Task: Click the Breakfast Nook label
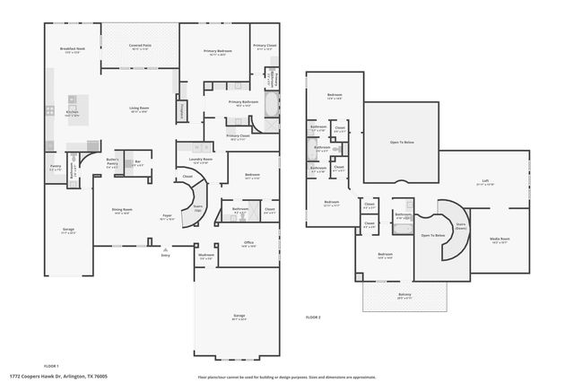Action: [x=74, y=48]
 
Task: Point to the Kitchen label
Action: [x=73, y=114]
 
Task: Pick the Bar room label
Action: [x=137, y=163]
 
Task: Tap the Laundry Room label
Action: [x=200, y=160]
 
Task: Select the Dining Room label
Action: [x=122, y=211]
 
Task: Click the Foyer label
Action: [x=166, y=216]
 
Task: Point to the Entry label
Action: [x=165, y=256]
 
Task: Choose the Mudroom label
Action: [x=205, y=255]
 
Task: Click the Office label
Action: [x=248, y=242]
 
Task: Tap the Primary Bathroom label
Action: [x=243, y=102]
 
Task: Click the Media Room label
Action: [x=500, y=240]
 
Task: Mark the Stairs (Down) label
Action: [x=461, y=228]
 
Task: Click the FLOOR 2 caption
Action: [x=313, y=318]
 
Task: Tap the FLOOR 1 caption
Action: [x=51, y=366]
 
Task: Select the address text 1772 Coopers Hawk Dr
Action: [x=52, y=376]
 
